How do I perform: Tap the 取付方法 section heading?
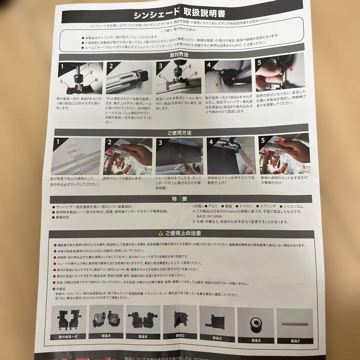click(x=179, y=54)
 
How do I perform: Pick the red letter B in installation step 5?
click(x=290, y=69)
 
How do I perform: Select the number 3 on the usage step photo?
click(x=160, y=142)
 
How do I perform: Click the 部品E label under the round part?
click(x=256, y=340)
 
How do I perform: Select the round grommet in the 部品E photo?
click(x=256, y=323)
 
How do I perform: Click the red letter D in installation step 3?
click(x=196, y=73)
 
